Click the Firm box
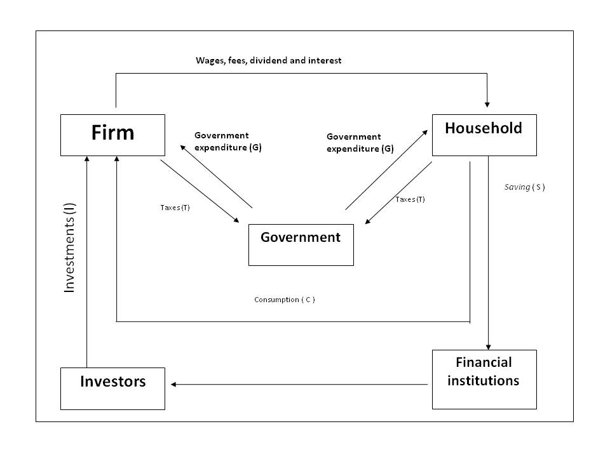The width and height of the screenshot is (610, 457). [112, 135]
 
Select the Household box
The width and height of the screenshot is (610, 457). [484, 135]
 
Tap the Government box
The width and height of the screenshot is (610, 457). [301, 244]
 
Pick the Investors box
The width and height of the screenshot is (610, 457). [112, 388]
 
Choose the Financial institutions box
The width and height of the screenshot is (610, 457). [484, 379]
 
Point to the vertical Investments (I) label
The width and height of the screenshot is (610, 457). [70, 248]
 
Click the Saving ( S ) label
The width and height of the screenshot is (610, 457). [524, 187]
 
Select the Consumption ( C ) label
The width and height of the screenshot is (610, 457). [285, 300]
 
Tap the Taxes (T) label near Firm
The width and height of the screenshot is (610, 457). [175, 208]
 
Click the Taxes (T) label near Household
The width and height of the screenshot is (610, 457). [410, 199]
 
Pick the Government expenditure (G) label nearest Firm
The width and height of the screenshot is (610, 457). [227, 142]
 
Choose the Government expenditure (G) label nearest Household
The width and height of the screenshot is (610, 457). [360, 143]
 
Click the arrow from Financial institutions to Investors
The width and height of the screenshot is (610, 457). [299, 384]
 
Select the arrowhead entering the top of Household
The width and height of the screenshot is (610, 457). [487, 103]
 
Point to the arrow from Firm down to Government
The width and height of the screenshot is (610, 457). [200, 191]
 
